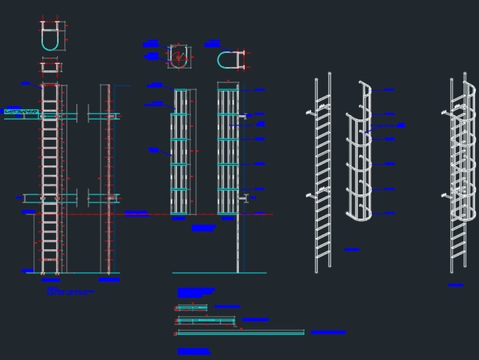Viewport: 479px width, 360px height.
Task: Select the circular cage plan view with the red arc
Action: [x=179, y=58]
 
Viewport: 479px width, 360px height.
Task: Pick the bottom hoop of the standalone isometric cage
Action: [x=359, y=216]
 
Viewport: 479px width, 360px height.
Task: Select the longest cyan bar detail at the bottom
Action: [x=241, y=332]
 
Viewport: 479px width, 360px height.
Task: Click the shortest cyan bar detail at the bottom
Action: [x=192, y=307]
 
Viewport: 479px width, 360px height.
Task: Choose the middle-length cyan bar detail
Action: [x=206, y=320]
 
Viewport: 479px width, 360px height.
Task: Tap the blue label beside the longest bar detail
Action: [x=329, y=332]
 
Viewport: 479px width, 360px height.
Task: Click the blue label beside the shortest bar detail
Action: [x=227, y=307]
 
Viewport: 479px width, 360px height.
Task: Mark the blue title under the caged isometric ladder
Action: [x=456, y=285]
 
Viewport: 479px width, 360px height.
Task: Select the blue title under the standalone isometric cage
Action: [x=352, y=250]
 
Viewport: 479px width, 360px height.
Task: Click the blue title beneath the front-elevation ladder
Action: [x=51, y=280]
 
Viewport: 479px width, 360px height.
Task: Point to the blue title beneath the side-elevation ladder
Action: [x=109, y=280]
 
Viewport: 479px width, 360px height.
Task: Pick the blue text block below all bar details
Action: [x=194, y=351]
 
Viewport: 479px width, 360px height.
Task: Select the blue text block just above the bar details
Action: [x=196, y=292]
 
